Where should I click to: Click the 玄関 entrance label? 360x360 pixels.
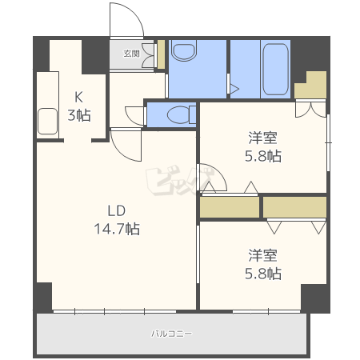pyautogui.click(x=132, y=54)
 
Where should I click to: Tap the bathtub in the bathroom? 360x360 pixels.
pyautogui.click(x=275, y=69)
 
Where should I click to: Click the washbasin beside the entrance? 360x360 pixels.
pyautogui.click(x=184, y=50)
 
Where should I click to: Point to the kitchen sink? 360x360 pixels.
pyautogui.click(x=47, y=122)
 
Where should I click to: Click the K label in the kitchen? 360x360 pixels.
pyautogui.click(x=78, y=97)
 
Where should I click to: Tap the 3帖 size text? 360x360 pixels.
pyautogui.click(x=79, y=115)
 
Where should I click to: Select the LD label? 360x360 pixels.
pyautogui.click(x=117, y=210)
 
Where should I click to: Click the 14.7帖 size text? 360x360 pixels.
pyautogui.click(x=117, y=229)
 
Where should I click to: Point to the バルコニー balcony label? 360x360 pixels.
pyautogui.click(x=171, y=334)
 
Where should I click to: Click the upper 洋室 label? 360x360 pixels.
pyautogui.click(x=262, y=138)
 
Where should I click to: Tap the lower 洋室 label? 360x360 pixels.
pyautogui.click(x=262, y=255)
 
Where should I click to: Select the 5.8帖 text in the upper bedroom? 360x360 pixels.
pyautogui.click(x=263, y=156)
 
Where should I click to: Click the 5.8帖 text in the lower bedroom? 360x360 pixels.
pyautogui.click(x=263, y=274)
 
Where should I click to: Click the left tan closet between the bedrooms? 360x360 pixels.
pyautogui.click(x=230, y=207)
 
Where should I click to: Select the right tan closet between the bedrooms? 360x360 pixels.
pyautogui.click(x=294, y=207)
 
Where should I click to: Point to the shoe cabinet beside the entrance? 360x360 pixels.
pyautogui.click(x=161, y=54)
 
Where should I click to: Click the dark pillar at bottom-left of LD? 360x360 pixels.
pyautogui.click(x=44, y=298)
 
